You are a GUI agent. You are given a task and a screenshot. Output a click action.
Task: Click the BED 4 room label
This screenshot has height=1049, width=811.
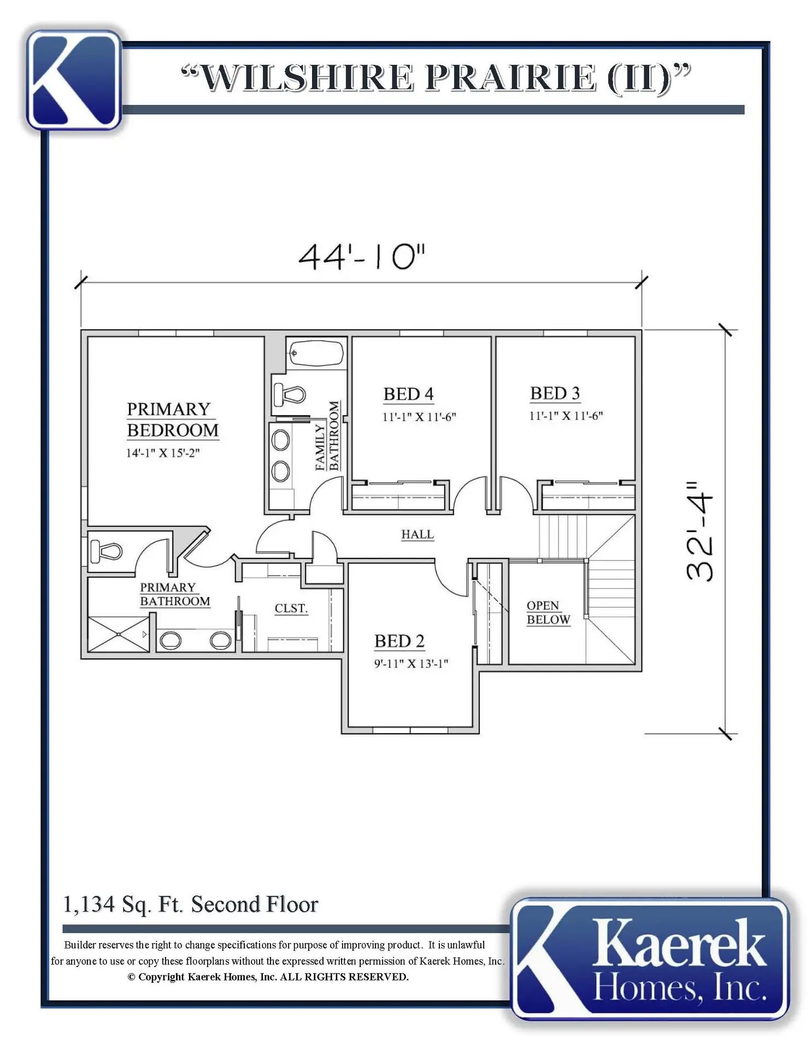click(408, 394)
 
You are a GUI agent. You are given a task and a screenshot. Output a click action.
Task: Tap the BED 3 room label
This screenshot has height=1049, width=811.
click(555, 393)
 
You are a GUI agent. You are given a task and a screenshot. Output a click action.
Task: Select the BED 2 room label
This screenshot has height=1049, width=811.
click(399, 641)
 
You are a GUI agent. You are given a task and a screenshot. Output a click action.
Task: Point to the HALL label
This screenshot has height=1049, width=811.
click(418, 534)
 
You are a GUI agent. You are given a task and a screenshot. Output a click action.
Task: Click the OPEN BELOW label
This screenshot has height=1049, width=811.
click(548, 612)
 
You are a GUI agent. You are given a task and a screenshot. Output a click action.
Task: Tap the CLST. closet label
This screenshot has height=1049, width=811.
click(291, 608)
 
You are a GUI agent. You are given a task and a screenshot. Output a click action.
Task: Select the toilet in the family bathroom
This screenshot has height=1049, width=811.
click(289, 394)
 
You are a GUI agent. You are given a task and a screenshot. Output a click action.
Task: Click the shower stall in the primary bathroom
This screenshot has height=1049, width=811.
click(119, 634)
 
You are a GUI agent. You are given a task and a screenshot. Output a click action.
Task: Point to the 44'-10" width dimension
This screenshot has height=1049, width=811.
click(362, 256)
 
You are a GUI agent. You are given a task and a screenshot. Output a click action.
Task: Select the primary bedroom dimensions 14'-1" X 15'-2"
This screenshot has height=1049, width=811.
click(163, 453)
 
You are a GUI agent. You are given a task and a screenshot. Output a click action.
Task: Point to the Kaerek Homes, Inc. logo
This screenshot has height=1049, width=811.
click(650, 958)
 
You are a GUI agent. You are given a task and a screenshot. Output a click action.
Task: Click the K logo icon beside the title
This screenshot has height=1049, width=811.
click(74, 80)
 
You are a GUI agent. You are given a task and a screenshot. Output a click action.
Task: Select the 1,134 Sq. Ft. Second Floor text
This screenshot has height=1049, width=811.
click(191, 905)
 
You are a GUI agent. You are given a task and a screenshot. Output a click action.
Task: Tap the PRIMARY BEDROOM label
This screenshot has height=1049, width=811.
click(173, 420)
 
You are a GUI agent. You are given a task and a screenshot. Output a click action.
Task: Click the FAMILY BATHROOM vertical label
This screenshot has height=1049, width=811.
click(327, 435)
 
